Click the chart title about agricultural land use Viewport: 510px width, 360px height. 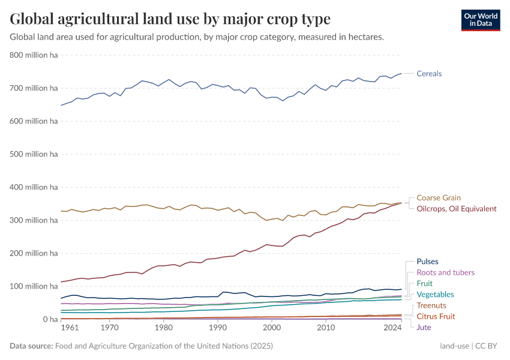coord(170,19)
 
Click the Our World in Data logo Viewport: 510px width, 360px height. coord(480,20)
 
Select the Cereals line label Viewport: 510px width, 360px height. coord(429,74)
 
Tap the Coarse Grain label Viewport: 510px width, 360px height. coord(439,198)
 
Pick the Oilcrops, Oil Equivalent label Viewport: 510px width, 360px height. coord(457,209)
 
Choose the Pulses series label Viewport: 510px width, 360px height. coord(427,262)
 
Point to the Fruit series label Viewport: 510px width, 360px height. coord(424,283)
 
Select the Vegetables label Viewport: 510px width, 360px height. coord(435,295)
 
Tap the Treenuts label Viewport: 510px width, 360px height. coord(431,306)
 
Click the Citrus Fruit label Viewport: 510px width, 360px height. coord(436,316)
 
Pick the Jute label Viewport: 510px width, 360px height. coord(424,327)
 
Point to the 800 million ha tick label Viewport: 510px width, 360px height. coord(34,55)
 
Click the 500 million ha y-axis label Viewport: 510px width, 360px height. coord(34,154)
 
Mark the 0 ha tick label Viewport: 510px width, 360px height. coord(50,319)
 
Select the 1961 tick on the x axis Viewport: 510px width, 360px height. coord(70,328)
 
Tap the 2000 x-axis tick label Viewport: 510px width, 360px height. coord(272,328)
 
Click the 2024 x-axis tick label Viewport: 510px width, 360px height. coord(392,328)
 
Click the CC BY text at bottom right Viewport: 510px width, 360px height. coord(488,346)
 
